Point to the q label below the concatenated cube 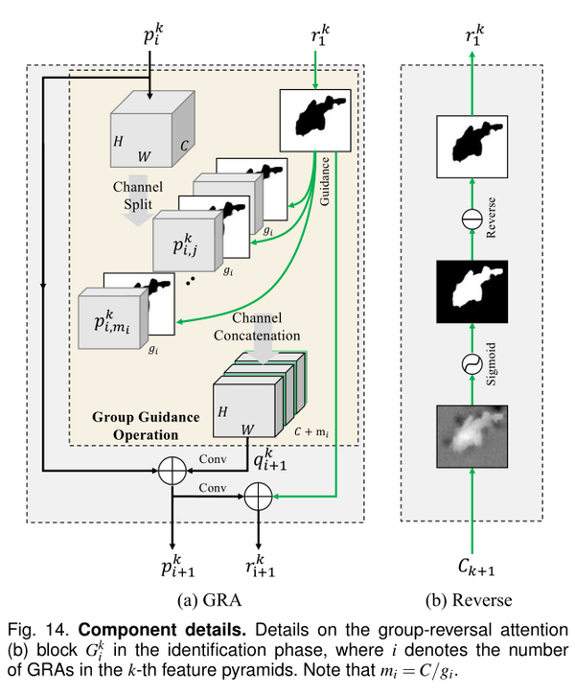pyautogui.click(x=275, y=462)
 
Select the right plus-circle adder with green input pyautogui.click(x=256, y=496)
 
